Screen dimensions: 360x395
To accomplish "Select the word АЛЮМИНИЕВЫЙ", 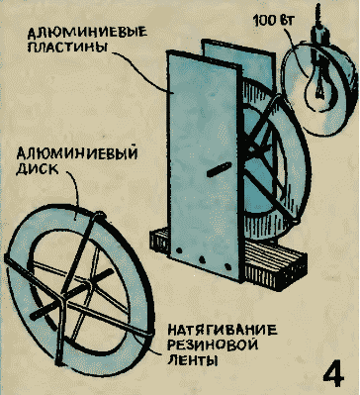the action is pos(77,154).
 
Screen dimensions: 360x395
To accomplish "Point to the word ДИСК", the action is pos(37,168).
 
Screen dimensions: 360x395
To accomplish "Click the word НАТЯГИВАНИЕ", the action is pos(223,331).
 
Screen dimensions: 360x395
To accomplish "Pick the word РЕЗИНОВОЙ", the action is pos(213,346).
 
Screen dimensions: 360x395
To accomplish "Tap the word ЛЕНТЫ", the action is pos(192,359).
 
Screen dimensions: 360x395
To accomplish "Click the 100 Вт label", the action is pos(274,21).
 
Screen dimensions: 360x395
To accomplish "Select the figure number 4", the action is pos(333,375).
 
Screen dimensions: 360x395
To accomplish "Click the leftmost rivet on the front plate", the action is pos(179,249).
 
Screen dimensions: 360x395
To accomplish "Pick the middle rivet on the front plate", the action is pos(202,258).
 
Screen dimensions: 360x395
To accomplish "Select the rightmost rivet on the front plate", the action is pos(226,266).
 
